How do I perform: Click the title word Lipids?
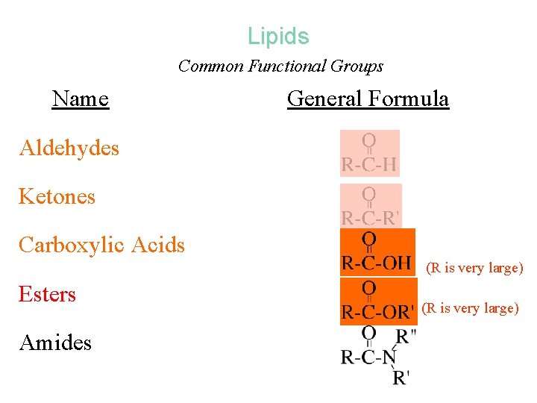point(278,36)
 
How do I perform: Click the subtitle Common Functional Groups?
point(280,66)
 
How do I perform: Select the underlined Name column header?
point(81,99)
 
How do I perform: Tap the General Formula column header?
point(368,99)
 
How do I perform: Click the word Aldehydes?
point(69,148)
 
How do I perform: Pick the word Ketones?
point(57,196)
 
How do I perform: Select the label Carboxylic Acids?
point(101,245)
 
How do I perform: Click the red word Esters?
point(47,294)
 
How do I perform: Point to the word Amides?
point(55,343)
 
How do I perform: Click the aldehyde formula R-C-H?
point(369,164)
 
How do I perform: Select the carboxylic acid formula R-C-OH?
point(377,263)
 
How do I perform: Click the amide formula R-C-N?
point(368,357)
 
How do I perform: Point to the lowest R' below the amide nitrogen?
point(401,377)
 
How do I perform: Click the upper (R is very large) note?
point(474,268)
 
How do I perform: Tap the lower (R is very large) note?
point(470,307)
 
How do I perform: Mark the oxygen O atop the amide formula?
point(368,333)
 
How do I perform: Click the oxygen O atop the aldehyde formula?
point(368,140)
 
